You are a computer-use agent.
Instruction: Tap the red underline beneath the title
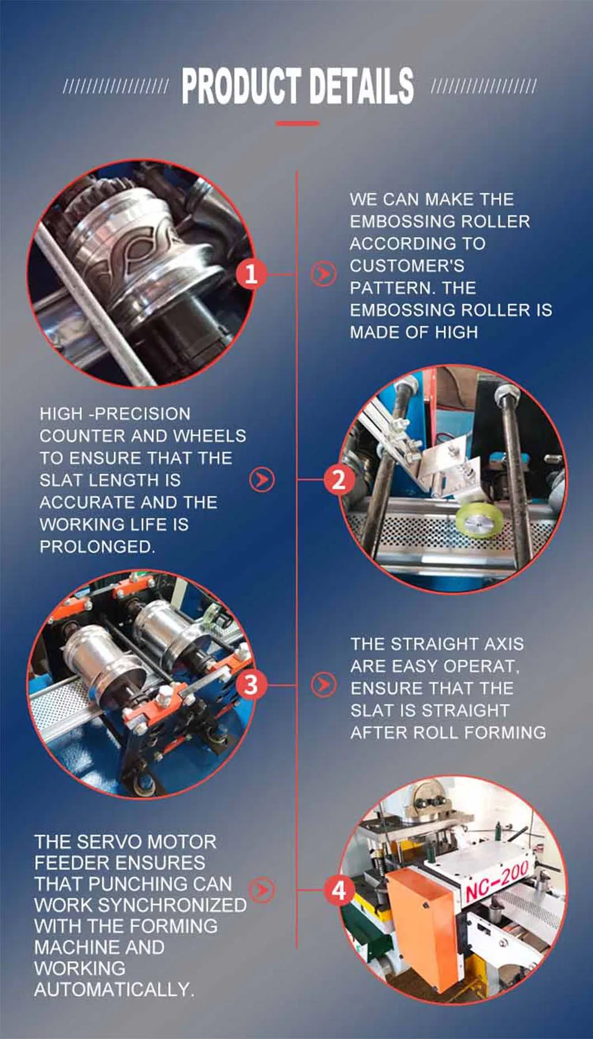click(x=297, y=123)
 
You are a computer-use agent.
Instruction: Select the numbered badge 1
click(x=251, y=274)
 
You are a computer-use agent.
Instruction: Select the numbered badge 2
click(x=338, y=480)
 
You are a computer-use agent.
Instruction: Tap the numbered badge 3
click(x=251, y=685)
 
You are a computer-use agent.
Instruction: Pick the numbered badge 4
click(x=339, y=890)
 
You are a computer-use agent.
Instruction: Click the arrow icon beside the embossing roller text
click(x=323, y=274)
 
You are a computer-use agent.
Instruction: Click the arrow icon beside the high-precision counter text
click(x=262, y=480)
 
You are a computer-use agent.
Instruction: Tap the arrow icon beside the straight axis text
click(x=323, y=685)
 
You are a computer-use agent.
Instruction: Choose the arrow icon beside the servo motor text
click(x=262, y=890)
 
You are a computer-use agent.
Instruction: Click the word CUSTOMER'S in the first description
click(x=407, y=265)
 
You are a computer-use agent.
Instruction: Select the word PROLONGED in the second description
click(x=97, y=547)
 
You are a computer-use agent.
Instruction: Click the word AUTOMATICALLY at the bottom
click(x=114, y=990)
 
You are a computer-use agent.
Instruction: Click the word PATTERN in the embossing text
click(x=392, y=288)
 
